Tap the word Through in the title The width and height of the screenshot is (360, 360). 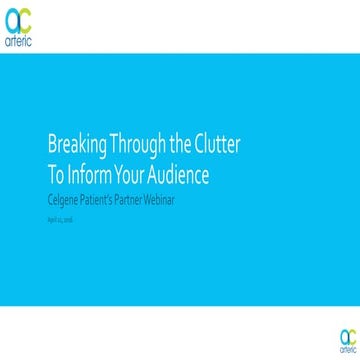pos(136,146)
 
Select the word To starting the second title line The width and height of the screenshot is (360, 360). pos(56,175)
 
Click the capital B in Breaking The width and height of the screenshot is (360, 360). pos(52,146)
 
